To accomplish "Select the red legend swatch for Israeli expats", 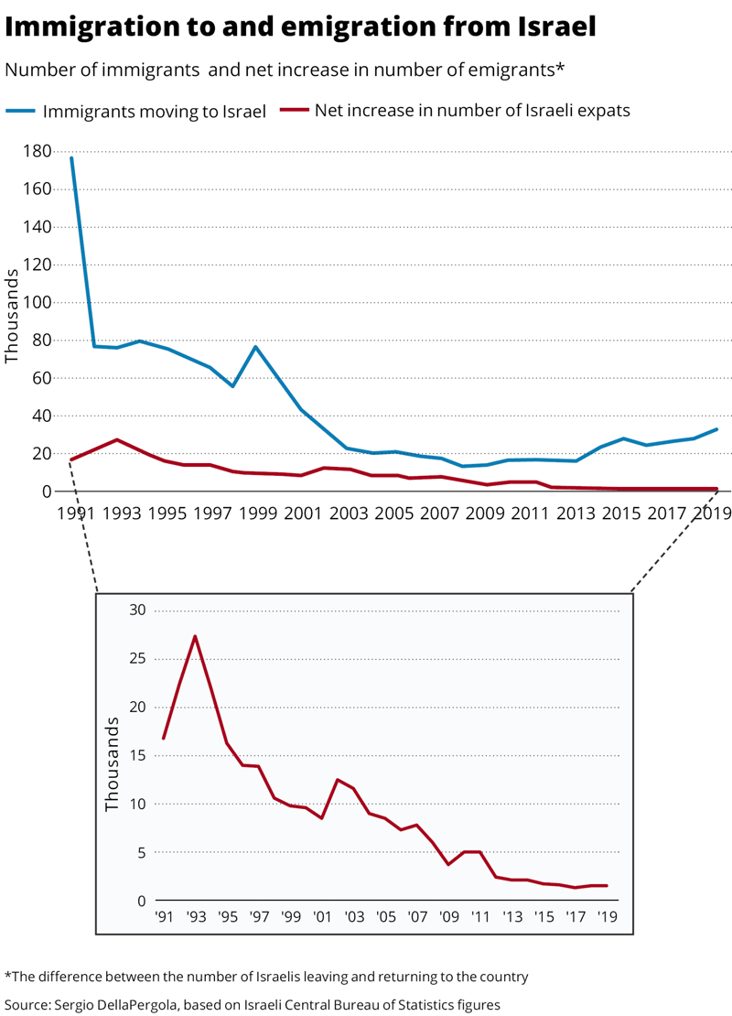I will (294, 111).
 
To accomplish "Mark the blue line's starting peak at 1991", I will (71, 158).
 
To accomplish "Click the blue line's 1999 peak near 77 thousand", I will (255, 347).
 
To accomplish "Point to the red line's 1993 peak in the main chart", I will (117, 439).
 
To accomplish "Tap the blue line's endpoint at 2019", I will (716, 429).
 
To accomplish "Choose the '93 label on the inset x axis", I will (195, 916).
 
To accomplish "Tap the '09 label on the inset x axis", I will (448, 916).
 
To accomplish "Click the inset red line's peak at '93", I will (195, 636).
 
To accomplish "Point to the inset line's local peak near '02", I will (338, 780).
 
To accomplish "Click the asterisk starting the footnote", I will (7, 975).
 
